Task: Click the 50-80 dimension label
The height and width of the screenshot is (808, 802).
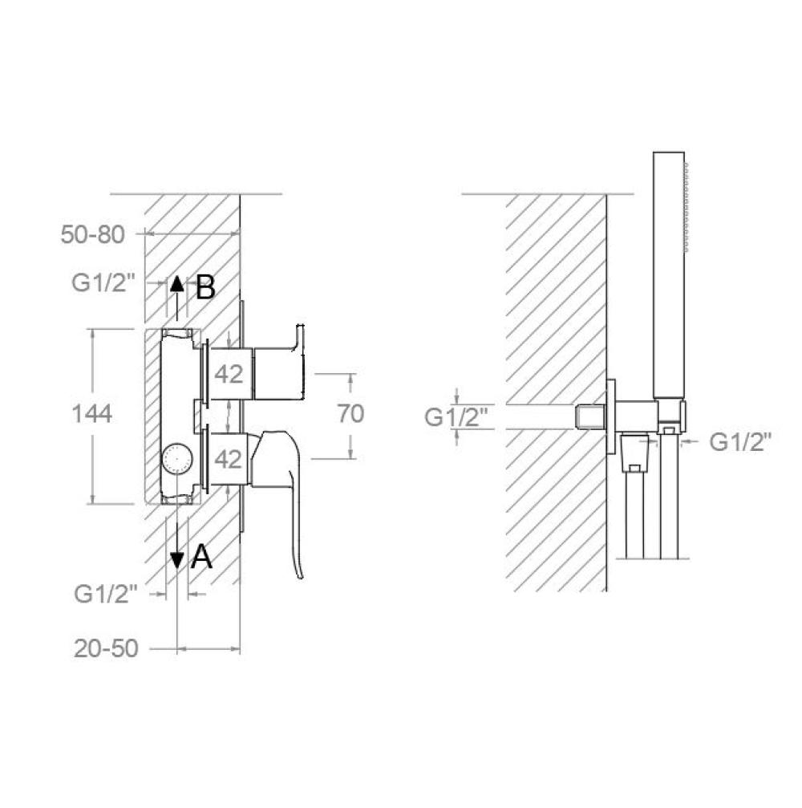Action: pyautogui.click(x=93, y=235)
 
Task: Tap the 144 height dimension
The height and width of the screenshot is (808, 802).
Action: pyautogui.click(x=91, y=414)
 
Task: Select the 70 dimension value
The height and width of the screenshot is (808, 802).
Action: pyautogui.click(x=350, y=413)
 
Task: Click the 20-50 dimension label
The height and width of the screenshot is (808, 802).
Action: pyautogui.click(x=106, y=648)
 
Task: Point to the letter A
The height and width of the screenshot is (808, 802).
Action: pyautogui.click(x=201, y=557)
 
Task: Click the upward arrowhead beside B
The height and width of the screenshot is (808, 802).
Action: pyautogui.click(x=177, y=283)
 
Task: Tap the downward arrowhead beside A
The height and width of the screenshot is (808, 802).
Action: pyautogui.click(x=177, y=561)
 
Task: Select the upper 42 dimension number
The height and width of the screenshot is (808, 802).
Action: pyautogui.click(x=229, y=374)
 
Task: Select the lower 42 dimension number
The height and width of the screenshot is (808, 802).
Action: pyautogui.click(x=229, y=459)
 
